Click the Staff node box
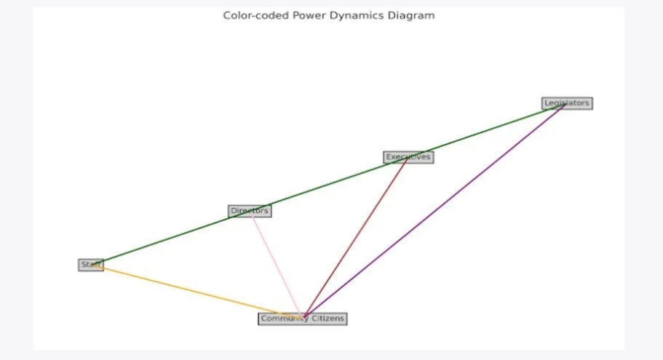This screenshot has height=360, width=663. click(x=90, y=265)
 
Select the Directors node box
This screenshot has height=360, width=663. click(x=250, y=211)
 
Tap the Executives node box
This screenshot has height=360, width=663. click(x=408, y=157)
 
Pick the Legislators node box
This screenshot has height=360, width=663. click(x=567, y=103)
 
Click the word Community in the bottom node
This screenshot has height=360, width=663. click(x=279, y=319)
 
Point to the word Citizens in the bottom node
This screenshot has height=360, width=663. click(x=327, y=319)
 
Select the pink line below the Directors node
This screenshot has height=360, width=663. click(x=277, y=266)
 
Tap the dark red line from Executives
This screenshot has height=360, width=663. click(x=357, y=237)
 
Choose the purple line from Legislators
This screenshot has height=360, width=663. click(x=437, y=210)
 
